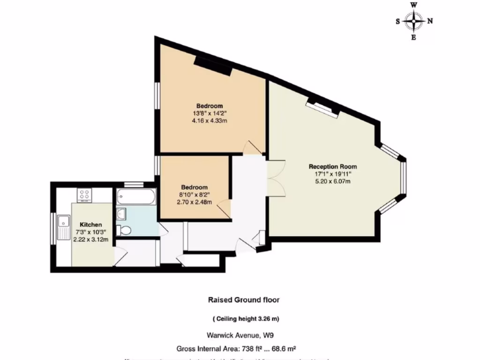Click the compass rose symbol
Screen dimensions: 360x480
pos(414,21)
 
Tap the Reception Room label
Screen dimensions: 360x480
pos(332,166)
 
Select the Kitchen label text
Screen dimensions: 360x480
pos(91,225)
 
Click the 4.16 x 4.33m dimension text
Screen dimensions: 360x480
pos(210,120)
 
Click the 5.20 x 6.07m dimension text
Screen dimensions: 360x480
pos(332,181)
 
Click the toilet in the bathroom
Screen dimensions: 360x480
pos(125,230)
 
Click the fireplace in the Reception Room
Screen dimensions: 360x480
pos(322,107)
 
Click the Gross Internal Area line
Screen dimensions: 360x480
pos(236,349)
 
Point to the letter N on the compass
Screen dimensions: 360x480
pos(430,21)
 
